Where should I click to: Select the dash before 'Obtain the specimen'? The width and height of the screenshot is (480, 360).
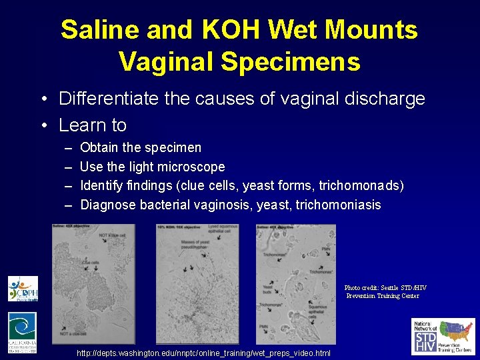68,148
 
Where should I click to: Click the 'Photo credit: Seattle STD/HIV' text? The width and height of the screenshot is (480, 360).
385,288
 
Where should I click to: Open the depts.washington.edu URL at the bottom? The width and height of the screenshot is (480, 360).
203,352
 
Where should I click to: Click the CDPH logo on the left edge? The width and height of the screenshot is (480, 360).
23,289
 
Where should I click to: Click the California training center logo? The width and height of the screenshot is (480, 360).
22,332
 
